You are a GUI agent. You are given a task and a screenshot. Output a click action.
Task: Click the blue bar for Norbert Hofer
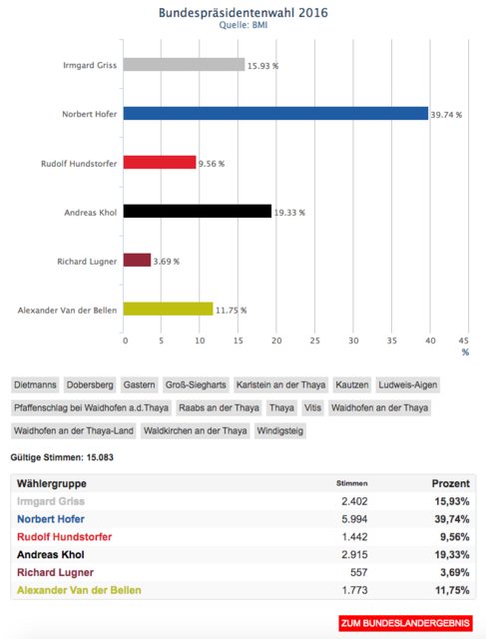[275, 113]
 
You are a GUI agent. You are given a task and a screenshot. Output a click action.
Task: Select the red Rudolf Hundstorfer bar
[160, 162]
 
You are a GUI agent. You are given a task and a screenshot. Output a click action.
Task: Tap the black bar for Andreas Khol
[198, 211]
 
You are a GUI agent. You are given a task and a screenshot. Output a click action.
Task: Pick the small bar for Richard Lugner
[138, 260]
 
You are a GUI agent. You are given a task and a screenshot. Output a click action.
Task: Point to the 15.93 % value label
[263, 66]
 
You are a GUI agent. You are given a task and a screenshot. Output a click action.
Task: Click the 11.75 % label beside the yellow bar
[231, 311]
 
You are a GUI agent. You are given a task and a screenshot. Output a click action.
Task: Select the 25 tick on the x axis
[315, 340]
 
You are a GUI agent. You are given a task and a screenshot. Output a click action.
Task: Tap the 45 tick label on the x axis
[464, 340]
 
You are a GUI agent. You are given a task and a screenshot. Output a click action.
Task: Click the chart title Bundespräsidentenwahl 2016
[243, 13]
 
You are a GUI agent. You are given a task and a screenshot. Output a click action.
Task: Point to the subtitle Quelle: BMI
[243, 25]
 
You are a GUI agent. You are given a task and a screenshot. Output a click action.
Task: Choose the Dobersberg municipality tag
[90, 384]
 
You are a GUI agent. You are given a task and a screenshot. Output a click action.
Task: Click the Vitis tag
[313, 408]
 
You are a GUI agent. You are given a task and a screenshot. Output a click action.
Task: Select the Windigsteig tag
[280, 430]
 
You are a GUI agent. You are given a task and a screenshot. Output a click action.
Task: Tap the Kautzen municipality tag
[352, 384]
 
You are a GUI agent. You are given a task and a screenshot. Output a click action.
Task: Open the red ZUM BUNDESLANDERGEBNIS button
[405, 623]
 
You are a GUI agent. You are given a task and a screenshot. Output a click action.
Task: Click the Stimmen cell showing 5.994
[354, 519]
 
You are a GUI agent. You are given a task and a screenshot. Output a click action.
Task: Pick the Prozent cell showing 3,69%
[455, 572]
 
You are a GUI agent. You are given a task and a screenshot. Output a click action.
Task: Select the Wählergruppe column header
[52, 483]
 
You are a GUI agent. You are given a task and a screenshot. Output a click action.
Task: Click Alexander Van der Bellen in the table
[79, 590]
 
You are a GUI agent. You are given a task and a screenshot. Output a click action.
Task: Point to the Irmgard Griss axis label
[90, 65]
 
